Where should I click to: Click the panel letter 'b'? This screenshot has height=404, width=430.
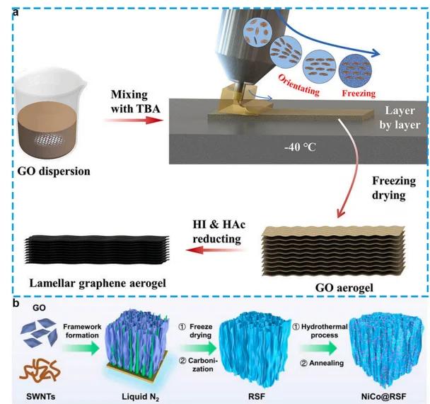tap(6, 301)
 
